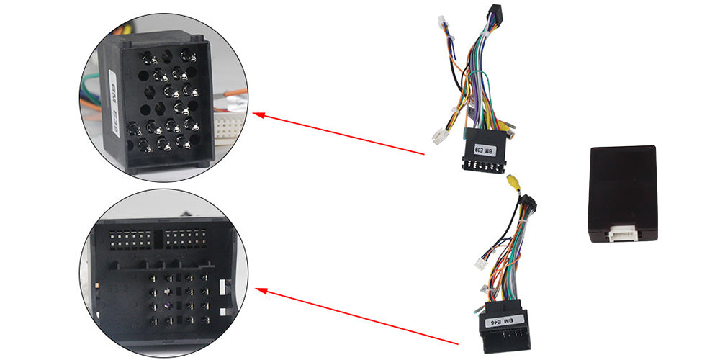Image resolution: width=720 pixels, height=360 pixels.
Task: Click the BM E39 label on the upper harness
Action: click(x=484, y=151)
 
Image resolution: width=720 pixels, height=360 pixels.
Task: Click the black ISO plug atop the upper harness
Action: click(x=495, y=14)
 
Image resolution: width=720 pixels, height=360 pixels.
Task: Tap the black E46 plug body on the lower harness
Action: click(x=505, y=328)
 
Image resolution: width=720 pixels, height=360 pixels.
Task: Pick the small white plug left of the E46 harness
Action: click(x=481, y=263)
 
